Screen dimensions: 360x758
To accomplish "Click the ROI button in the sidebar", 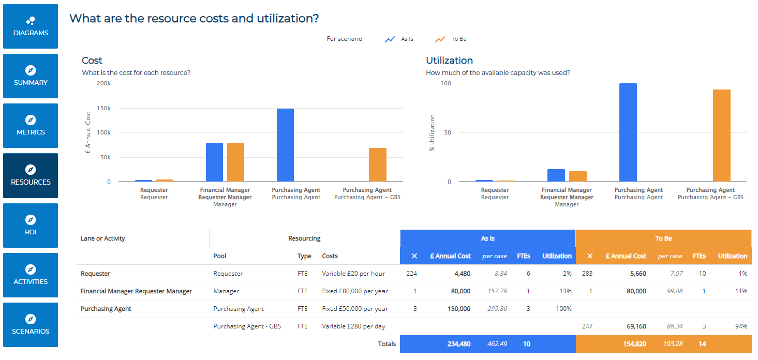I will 31,226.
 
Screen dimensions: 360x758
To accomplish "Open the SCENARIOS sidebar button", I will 31,325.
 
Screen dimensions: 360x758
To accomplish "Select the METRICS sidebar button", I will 31,126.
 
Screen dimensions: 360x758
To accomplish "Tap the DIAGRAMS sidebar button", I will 31,26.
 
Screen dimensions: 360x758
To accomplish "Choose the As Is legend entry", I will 399,39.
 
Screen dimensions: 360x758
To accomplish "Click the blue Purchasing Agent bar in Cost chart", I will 285,145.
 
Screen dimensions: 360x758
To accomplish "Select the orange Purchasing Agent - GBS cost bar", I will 377,164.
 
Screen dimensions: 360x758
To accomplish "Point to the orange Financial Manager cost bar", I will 235,162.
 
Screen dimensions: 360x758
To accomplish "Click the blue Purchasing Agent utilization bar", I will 628,132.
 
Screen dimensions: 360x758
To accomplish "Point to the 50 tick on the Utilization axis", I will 448,132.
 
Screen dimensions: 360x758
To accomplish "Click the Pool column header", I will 219,256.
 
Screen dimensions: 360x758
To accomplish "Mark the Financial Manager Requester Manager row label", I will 136,291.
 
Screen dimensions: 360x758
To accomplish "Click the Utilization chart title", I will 449,61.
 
